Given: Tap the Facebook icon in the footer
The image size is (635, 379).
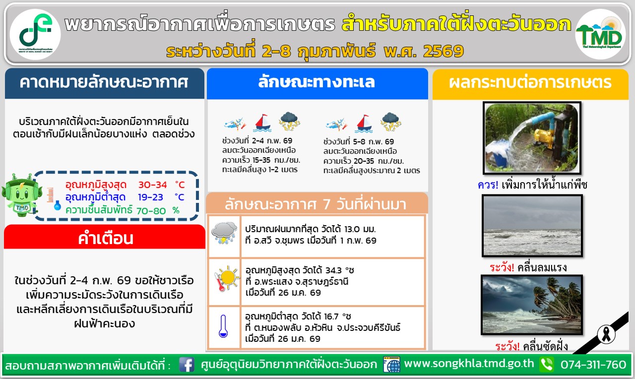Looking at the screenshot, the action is [x=187, y=365].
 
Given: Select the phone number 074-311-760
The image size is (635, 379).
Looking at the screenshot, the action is [x=593, y=365].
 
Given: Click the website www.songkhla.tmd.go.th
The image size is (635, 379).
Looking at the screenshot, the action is [x=469, y=364].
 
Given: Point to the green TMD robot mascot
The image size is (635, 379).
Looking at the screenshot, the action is [x=21, y=195].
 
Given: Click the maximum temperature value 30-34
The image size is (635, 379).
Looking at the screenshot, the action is [x=152, y=185].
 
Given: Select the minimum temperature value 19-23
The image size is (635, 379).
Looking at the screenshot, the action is [x=150, y=197].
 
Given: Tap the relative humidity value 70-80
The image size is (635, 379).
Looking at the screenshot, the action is [x=151, y=211].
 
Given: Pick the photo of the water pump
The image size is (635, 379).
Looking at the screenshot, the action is [x=532, y=138].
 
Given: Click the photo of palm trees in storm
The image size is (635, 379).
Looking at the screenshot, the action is [x=532, y=305].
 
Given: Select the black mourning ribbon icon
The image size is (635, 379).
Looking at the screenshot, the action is [x=606, y=334].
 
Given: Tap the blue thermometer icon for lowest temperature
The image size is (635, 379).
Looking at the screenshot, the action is [x=223, y=326].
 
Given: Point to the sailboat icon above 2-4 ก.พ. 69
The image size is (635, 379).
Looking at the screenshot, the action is [x=262, y=123].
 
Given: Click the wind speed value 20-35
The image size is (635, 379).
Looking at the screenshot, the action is [x=364, y=161].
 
